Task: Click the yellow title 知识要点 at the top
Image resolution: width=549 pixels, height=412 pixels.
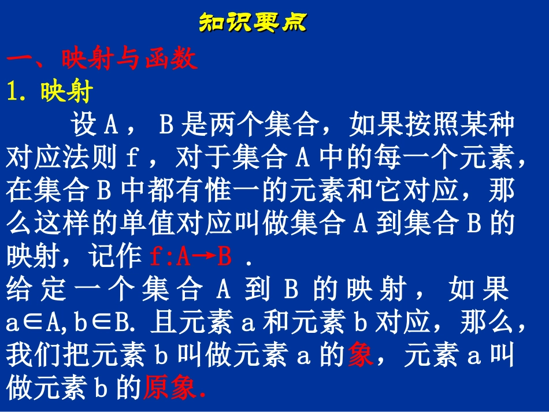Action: click(253, 23)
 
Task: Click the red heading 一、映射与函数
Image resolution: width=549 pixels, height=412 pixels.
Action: click(102, 59)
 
